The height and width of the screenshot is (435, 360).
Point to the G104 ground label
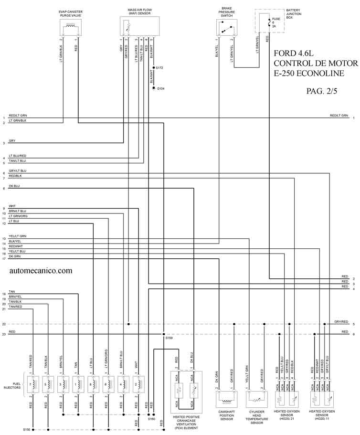click(x=160, y=89)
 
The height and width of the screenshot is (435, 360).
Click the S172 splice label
click(x=159, y=68)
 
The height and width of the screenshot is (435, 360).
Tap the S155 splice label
click(x=27, y=430)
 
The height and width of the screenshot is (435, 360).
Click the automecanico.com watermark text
click(x=41, y=270)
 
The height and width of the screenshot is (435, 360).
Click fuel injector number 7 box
click(x=31, y=384)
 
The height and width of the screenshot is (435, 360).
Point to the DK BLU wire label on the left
click(x=14, y=186)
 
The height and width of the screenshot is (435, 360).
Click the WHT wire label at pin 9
click(x=12, y=206)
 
